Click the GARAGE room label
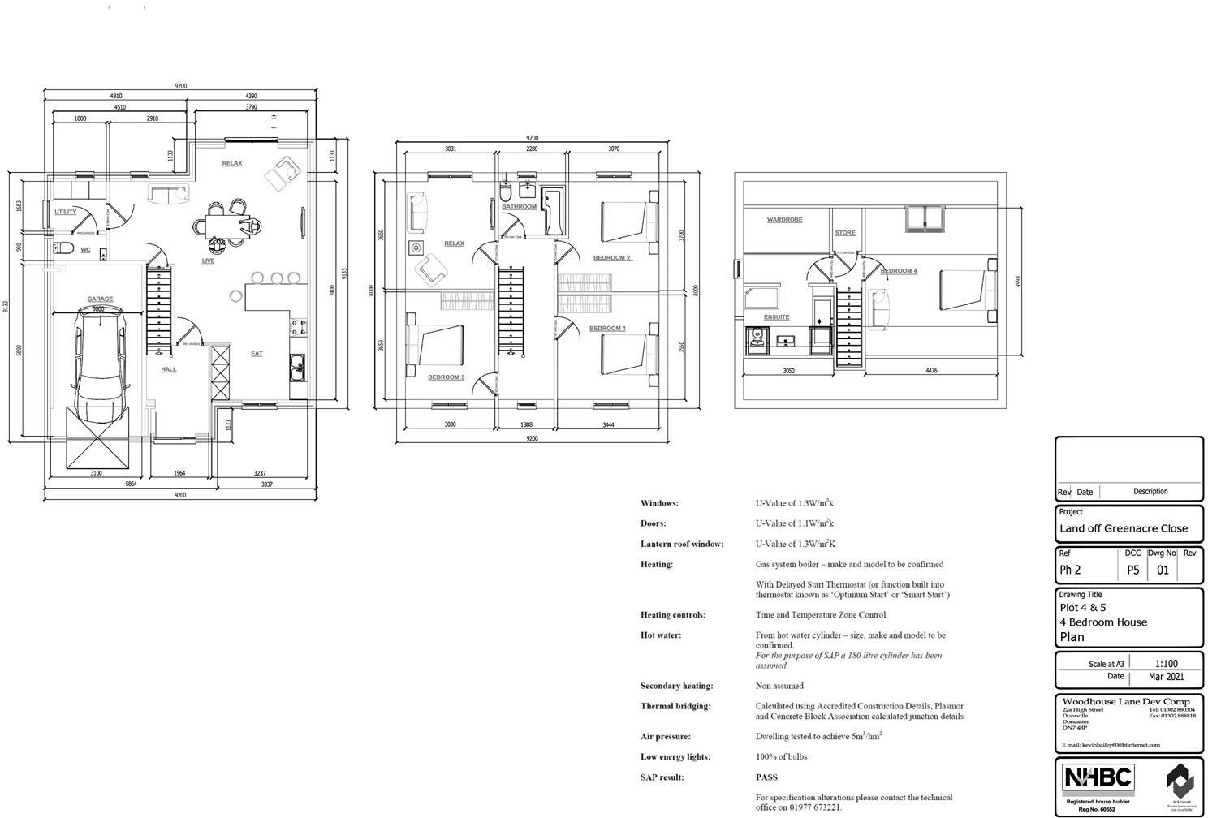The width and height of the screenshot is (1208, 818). point(100,299)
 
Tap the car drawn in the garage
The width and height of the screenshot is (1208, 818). point(98,365)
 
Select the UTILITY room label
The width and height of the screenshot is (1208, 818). point(66,212)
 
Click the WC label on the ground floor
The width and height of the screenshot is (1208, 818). point(85,250)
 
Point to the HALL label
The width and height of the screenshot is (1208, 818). point(168,369)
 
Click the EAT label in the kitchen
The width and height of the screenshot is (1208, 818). point(257,353)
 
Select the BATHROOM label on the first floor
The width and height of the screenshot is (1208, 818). point(519,207)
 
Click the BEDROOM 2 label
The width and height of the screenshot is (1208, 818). point(611,258)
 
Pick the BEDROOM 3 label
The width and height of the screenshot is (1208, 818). point(446,377)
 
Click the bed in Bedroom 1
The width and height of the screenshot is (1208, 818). point(625,354)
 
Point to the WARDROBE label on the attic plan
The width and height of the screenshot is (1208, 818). point(784,220)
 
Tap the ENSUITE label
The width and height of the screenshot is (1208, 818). point(776,317)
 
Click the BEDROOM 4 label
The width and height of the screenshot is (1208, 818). point(899,271)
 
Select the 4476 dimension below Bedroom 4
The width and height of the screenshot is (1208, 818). point(931,371)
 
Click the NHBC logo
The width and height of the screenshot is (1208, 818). point(1098,778)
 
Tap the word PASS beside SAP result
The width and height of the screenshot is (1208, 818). point(766,777)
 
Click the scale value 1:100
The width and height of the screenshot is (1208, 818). point(1166,663)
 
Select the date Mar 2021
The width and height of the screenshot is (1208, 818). point(1166,677)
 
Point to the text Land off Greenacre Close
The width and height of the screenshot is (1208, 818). point(1123,528)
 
